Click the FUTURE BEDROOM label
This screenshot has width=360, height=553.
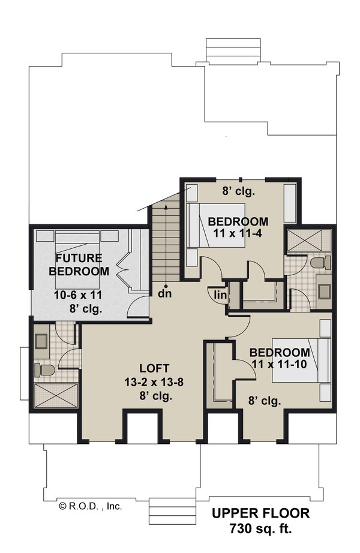tap(82, 265)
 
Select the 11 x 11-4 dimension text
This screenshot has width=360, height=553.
tap(238, 235)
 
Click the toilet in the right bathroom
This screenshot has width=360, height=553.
tap(319, 263)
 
